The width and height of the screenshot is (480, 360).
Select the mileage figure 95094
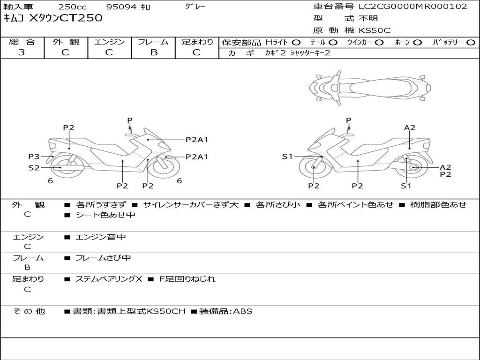120,7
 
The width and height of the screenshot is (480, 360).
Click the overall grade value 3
22,52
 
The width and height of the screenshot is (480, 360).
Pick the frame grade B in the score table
153,52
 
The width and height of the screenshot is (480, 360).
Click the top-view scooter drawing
370,87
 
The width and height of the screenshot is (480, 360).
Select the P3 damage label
34,156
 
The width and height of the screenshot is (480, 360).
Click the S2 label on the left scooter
34,167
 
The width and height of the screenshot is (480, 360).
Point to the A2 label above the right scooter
410,127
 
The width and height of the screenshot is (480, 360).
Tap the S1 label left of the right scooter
287,157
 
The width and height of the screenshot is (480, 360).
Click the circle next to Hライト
296,42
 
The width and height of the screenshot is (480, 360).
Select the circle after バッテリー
471,42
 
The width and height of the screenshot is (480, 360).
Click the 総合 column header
22,42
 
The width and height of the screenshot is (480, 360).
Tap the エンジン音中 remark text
101,237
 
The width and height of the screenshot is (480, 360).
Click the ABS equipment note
242,311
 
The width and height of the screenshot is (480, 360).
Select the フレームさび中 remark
103,258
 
